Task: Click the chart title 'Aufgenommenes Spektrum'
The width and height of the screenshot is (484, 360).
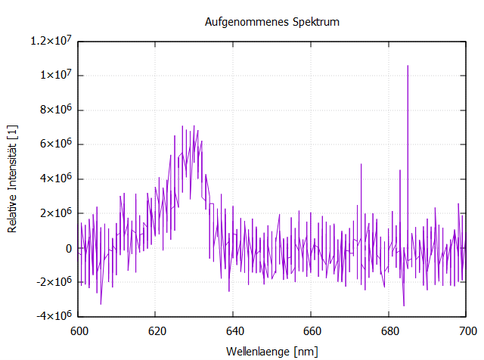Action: tap(272, 22)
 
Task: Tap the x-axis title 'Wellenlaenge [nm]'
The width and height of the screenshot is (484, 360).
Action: tap(272, 352)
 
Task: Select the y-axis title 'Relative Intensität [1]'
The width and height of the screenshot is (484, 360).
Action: tap(13, 178)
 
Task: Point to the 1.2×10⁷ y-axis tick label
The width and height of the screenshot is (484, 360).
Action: tap(49, 40)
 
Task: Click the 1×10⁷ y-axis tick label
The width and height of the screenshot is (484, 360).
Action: tap(54, 75)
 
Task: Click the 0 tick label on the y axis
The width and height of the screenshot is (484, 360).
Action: tap(69, 248)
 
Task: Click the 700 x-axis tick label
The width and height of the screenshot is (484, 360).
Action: tap(467, 331)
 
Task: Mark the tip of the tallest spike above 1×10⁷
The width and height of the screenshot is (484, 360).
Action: tap(408, 66)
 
